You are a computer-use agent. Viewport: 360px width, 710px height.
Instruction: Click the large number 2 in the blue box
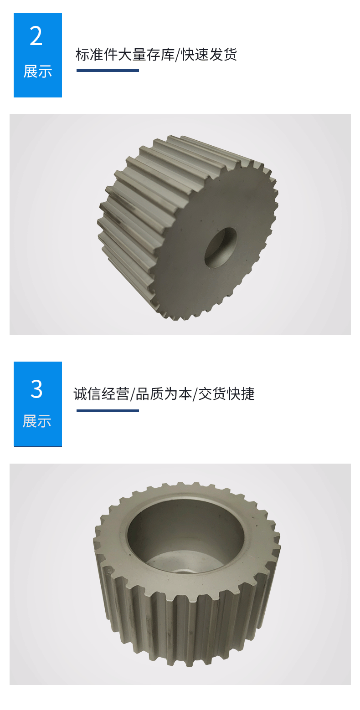36,36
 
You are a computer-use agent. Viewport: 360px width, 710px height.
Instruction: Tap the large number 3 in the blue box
36,389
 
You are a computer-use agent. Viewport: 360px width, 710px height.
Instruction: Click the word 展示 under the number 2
37,72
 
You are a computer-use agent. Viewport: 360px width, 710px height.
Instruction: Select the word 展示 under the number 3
37,421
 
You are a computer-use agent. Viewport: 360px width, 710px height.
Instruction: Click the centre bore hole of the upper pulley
221,247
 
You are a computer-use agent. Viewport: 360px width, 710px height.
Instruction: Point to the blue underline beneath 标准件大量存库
108,71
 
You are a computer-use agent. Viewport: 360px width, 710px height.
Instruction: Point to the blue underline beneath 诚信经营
108,411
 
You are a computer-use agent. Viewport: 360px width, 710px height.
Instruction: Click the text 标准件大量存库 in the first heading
125,55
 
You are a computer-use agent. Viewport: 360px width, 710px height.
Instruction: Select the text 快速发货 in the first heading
209,55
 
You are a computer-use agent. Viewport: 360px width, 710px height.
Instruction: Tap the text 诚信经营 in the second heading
102,394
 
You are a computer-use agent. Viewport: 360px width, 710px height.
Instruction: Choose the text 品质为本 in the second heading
164,394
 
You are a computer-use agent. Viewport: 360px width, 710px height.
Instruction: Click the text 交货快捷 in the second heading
226,394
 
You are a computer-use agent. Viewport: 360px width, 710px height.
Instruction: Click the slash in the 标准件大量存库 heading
178,55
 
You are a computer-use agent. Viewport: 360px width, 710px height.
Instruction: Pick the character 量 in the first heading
139,55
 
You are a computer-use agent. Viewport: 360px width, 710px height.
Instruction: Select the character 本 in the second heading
185,394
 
